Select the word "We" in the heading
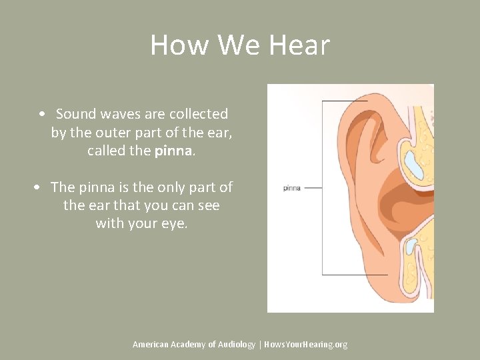(233, 45)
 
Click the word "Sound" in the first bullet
(76, 114)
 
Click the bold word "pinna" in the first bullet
(173, 151)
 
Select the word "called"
(107, 151)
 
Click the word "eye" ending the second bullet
(175, 224)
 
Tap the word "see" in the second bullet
(207, 205)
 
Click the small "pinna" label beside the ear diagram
(292, 188)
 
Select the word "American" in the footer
(151, 344)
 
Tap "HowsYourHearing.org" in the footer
(306, 344)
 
